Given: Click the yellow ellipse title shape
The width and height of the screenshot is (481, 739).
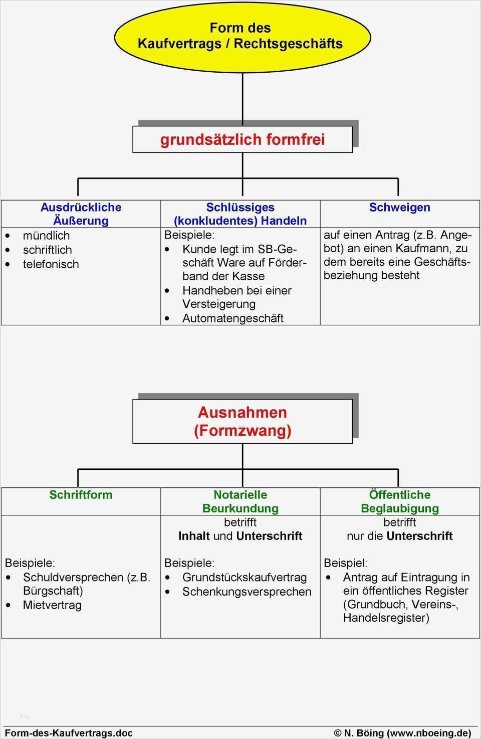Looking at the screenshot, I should (242, 36).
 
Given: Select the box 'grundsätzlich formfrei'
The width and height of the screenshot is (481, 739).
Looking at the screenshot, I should (243, 139).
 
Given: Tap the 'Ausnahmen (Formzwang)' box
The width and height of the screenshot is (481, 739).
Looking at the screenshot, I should (243, 421).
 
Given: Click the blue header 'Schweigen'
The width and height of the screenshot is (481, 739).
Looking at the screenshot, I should (399, 208).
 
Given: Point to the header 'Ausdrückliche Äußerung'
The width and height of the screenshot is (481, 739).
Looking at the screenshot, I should (81, 214).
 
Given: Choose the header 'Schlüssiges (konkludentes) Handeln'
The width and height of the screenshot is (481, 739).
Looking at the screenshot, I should (240, 214).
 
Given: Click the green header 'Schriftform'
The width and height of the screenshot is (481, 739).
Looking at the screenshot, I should (81, 495).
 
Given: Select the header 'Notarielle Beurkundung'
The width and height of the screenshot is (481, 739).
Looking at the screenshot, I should (240, 501).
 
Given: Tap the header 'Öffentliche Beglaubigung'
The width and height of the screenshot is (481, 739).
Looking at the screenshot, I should (399, 501).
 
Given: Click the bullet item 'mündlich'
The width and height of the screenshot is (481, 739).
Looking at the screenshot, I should (46, 236).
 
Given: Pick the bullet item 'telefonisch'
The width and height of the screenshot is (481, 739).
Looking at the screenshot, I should (51, 264).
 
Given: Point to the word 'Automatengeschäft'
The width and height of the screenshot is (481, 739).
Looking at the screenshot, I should (232, 318).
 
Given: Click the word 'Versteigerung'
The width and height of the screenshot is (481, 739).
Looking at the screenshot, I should (218, 304).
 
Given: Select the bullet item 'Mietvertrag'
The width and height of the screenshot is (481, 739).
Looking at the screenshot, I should (52, 605).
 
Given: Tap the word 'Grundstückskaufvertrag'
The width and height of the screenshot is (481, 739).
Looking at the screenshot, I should (244, 578).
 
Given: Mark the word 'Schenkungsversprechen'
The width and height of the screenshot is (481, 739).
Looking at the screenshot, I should (247, 592).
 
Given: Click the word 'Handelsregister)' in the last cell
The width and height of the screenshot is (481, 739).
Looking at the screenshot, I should (386, 618).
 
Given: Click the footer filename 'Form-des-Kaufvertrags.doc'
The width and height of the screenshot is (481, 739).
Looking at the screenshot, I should (69, 733).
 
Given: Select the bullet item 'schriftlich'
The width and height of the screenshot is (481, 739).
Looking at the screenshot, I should (47, 250).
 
